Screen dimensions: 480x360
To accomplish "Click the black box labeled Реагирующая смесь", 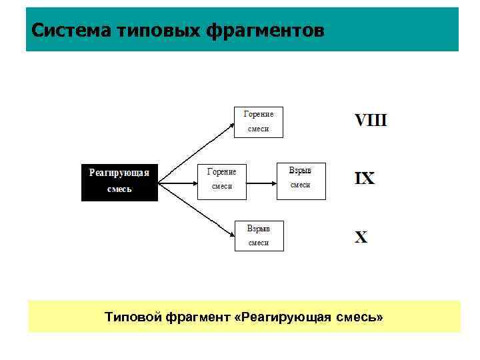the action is point(119,181).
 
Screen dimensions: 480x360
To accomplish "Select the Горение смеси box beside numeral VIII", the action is point(258,121).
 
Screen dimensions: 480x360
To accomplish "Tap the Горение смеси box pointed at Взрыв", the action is point(222,180).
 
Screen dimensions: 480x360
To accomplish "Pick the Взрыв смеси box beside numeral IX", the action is point(301,180).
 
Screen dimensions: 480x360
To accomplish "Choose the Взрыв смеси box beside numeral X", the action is point(259,236).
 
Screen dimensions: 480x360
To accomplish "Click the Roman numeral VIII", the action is point(370,121).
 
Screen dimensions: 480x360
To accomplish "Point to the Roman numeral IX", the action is point(365,179).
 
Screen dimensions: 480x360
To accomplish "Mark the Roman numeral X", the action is point(361,237).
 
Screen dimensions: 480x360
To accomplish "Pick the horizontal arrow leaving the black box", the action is point(178,181).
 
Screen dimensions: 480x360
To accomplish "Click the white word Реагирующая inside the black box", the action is point(119,173).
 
